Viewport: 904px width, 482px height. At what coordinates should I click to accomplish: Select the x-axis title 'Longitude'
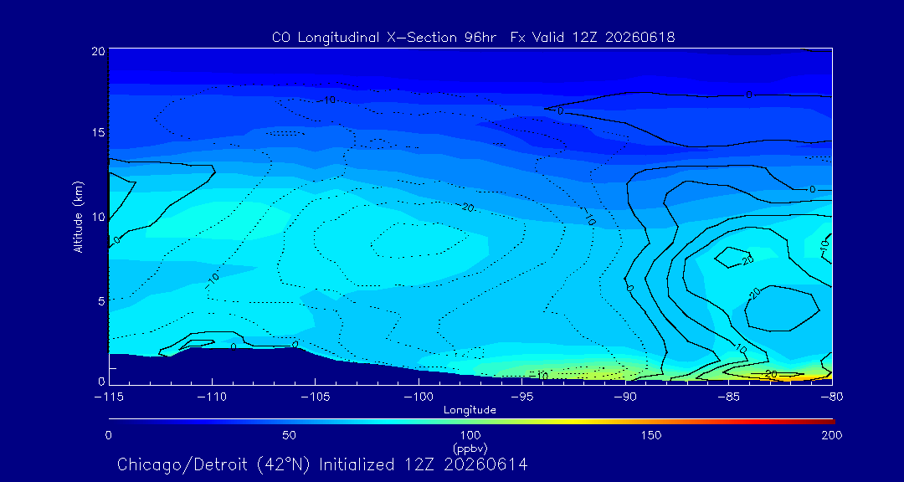point(470,411)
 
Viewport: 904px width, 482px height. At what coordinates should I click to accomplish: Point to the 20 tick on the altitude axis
point(98,51)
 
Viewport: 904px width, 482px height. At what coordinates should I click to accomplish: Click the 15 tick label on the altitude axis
point(98,132)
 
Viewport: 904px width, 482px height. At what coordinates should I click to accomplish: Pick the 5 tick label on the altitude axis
point(101,300)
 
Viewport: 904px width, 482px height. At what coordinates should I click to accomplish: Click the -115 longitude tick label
point(109,397)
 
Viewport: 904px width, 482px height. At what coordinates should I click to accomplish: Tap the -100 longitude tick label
point(419,397)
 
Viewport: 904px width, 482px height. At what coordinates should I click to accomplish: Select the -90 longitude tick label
point(625,397)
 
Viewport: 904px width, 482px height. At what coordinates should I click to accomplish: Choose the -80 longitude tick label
point(832,397)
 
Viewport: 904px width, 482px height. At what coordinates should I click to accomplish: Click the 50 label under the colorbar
point(290,435)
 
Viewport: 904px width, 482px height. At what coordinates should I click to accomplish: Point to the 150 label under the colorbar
point(652,435)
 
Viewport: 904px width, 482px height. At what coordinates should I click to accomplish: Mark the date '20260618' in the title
point(640,38)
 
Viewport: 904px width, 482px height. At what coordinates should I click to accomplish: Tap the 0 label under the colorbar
point(108,435)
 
